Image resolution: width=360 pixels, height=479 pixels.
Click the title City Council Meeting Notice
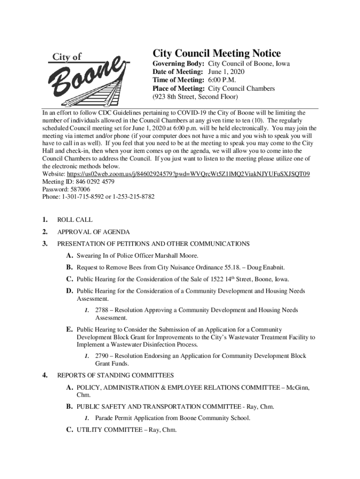coord(217,53)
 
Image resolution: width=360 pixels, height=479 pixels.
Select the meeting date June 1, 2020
coord(226,72)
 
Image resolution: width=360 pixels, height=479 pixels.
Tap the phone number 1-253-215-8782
coord(133,197)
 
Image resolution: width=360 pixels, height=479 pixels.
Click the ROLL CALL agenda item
coord(75,219)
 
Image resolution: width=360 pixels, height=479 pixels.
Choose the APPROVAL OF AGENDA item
coord(94,232)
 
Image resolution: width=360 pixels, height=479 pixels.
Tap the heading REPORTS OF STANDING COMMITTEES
coord(115,375)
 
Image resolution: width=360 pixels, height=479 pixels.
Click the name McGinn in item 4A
coord(299,388)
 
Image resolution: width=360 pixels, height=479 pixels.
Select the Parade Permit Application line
coord(173,418)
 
